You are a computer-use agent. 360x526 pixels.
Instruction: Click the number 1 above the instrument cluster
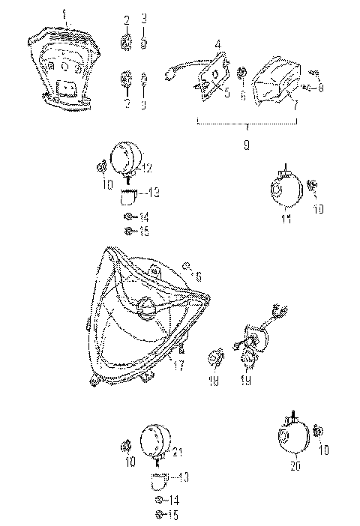click(x=64, y=13)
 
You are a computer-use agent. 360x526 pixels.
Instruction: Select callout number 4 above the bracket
click(x=217, y=43)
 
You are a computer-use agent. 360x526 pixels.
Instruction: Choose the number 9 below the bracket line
click(x=247, y=145)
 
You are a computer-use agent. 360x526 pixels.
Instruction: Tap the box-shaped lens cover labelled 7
click(x=274, y=80)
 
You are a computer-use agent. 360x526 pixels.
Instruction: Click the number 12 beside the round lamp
click(x=147, y=167)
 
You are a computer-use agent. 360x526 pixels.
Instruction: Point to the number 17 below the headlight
click(x=178, y=366)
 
